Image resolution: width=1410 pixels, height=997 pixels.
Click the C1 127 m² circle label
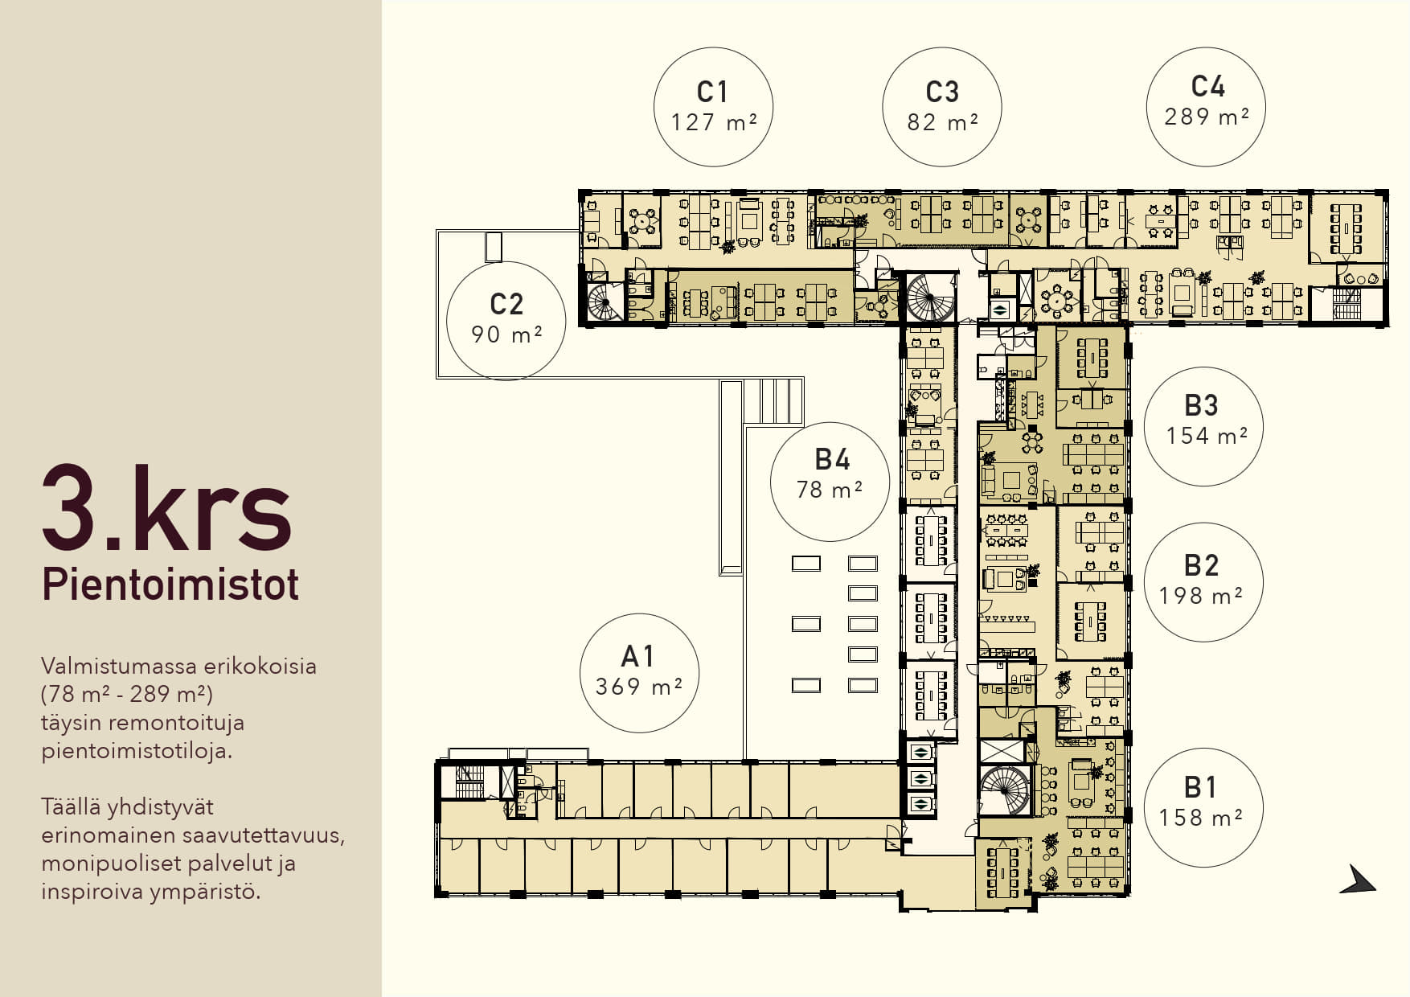pyautogui.click(x=713, y=107)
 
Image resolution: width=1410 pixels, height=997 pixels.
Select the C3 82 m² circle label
pyautogui.click(x=942, y=107)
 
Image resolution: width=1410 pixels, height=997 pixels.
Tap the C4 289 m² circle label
pyautogui.click(x=1207, y=107)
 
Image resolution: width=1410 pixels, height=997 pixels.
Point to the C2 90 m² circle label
pyautogui.click(x=506, y=319)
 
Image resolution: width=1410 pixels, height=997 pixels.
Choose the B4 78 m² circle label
pyautogui.click(x=830, y=482)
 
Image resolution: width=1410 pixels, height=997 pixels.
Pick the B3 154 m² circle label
pyautogui.click(x=1203, y=426)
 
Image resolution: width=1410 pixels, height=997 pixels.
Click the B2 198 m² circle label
pyautogui.click(x=1203, y=581)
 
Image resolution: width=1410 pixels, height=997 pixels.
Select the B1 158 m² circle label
pyautogui.click(x=1203, y=807)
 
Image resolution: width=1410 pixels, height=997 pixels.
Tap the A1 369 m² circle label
pyautogui.click(x=639, y=672)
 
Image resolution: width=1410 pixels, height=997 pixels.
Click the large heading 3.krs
pyautogui.click(x=166, y=508)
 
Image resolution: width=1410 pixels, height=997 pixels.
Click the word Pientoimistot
pyautogui.click(x=170, y=585)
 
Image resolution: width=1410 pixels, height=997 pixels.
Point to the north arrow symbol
pyautogui.click(x=1358, y=880)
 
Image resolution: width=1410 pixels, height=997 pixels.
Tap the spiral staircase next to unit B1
pyautogui.click(x=1004, y=790)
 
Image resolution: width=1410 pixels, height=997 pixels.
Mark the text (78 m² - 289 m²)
pyautogui.click(x=127, y=693)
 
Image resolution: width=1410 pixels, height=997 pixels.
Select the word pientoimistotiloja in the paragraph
pyautogui.click(x=137, y=751)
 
